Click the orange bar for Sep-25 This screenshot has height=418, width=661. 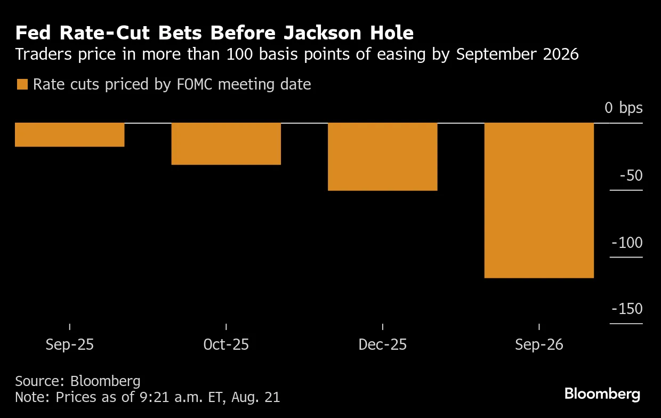point(69,135)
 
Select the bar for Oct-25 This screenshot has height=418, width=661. point(226,144)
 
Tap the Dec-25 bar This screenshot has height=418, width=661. point(382,157)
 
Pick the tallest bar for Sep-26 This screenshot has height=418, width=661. point(538,200)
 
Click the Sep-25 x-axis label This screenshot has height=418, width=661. point(70,345)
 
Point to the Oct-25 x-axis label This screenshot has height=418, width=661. point(226,345)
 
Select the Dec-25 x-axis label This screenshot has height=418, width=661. point(382,345)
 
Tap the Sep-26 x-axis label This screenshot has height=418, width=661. point(539,345)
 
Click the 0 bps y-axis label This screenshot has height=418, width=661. point(623,108)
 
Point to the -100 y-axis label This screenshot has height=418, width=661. point(627,243)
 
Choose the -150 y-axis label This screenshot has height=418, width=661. point(627,309)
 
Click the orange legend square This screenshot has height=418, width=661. point(22,84)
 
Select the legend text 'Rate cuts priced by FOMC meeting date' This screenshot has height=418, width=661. point(172,84)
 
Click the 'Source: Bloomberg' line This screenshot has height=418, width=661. point(78,381)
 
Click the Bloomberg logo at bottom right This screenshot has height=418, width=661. point(602,394)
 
